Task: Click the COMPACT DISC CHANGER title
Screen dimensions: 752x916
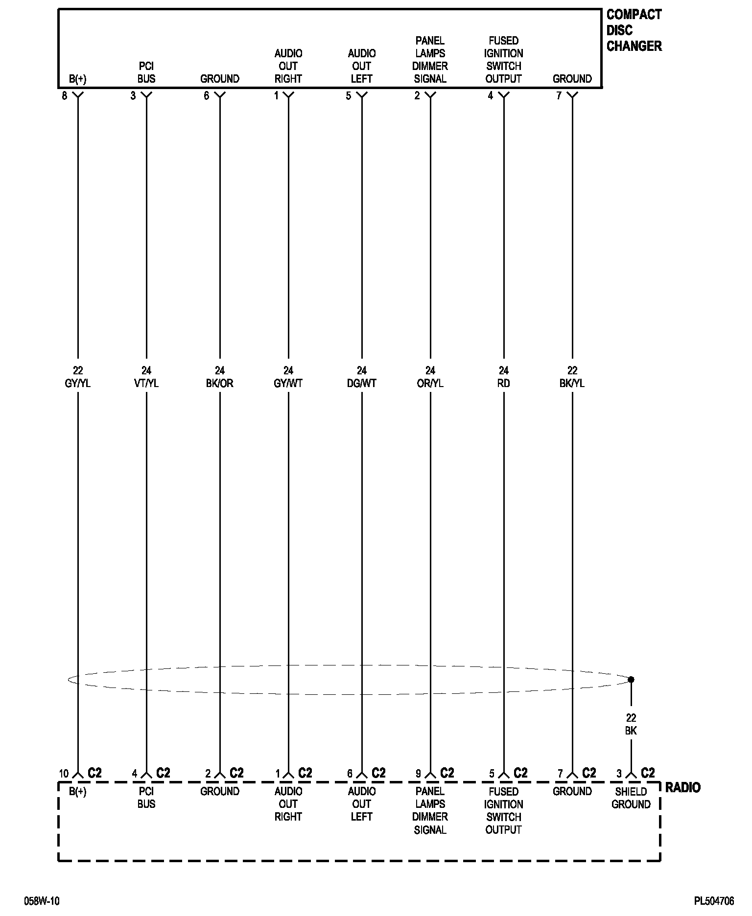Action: click(x=634, y=30)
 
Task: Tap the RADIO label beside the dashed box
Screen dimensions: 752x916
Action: click(x=682, y=787)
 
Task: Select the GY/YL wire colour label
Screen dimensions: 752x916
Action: click(x=77, y=384)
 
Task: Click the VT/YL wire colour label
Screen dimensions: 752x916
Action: click(x=146, y=384)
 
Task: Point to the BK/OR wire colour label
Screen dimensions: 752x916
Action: click(x=219, y=384)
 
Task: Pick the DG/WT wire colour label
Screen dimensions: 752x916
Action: click(x=361, y=384)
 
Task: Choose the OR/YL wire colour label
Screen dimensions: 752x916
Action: click(x=430, y=384)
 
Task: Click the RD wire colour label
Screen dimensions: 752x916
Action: click(x=503, y=384)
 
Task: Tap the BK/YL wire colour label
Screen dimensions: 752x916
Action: click(x=572, y=384)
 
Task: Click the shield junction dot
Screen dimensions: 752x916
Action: click(x=631, y=680)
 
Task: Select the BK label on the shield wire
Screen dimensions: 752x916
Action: click(x=631, y=731)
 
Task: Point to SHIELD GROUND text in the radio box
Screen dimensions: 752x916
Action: click(x=631, y=798)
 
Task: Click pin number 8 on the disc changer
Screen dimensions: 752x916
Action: click(x=65, y=96)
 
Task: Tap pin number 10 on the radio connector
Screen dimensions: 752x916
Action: click(x=64, y=774)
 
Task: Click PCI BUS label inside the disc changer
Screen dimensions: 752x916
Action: click(x=146, y=72)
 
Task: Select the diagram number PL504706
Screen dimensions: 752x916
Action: click(x=713, y=901)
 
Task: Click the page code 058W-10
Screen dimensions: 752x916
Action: click(x=42, y=901)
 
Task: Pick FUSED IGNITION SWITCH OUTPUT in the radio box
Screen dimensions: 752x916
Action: click(x=503, y=810)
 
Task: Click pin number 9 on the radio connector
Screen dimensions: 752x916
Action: click(x=418, y=774)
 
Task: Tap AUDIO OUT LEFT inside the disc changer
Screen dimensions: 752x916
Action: click(x=361, y=66)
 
